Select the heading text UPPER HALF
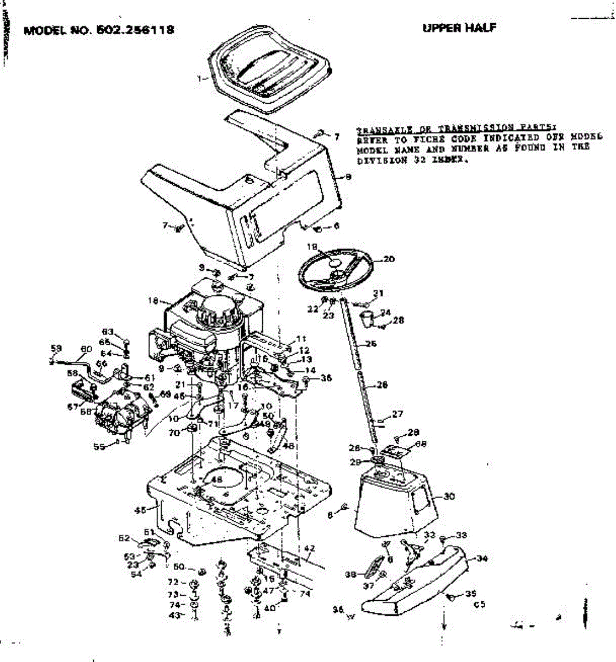click(459, 28)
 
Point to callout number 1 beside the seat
click(199, 79)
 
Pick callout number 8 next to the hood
click(348, 178)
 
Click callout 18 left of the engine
click(153, 301)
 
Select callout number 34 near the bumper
click(482, 558)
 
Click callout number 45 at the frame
click(140, 510)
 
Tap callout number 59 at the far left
click(56, 348)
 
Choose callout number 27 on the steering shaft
click(397, 414)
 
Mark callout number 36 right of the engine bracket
click(326, 378)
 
